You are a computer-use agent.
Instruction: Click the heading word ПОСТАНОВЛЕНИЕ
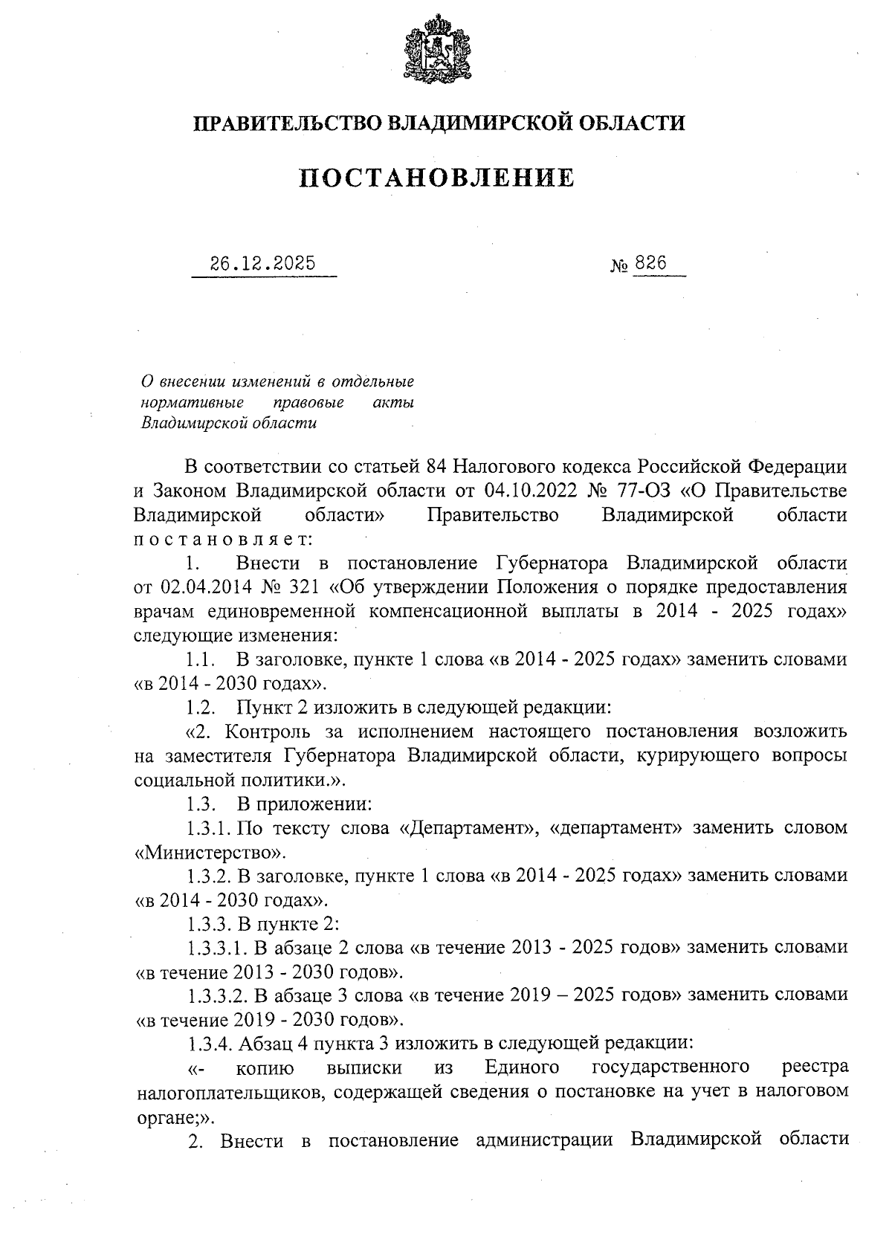(437, 178)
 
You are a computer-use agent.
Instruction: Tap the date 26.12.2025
(262, 264)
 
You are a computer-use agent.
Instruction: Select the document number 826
(650, 264)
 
